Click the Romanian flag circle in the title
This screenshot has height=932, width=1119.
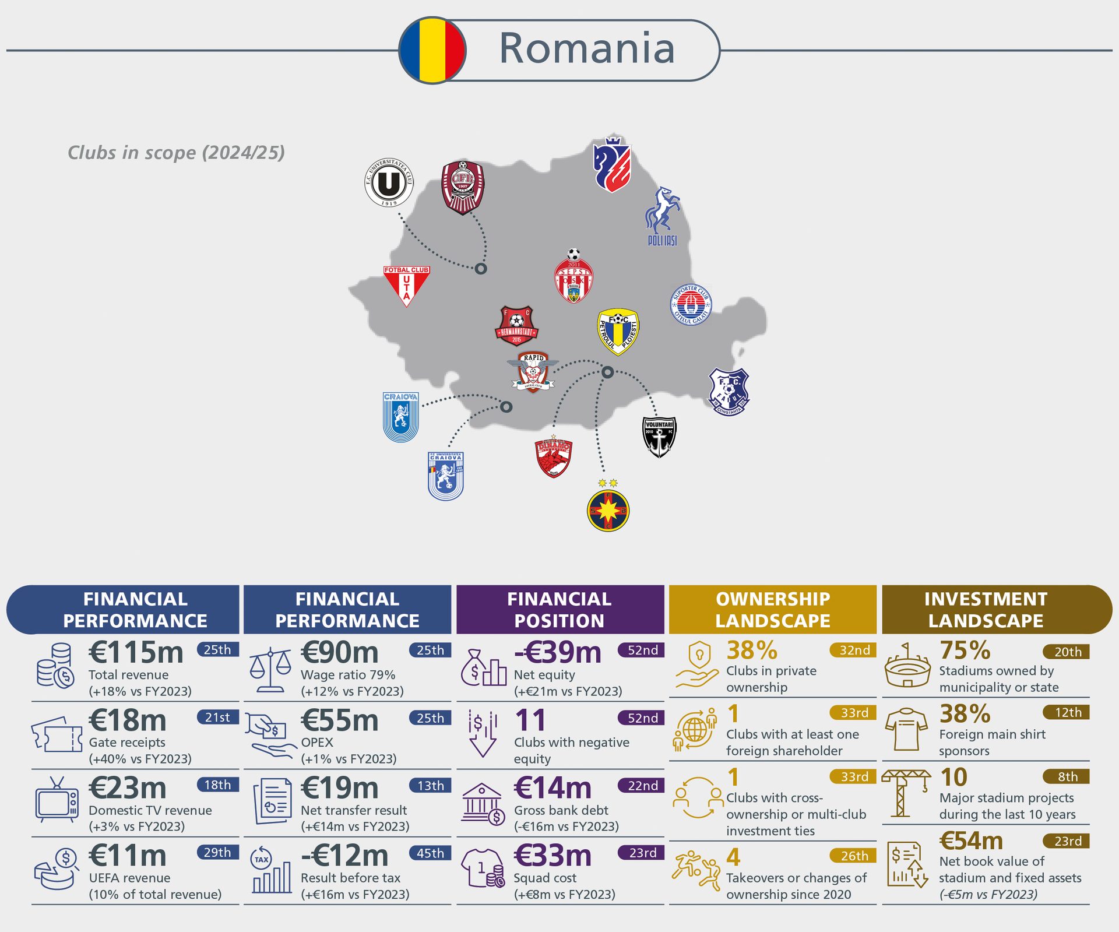(x=432, y=50)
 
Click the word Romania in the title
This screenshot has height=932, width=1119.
(x=586, y=48)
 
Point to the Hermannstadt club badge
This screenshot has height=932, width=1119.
(x=516, y=326)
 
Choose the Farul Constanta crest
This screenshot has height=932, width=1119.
(x=729, y=392)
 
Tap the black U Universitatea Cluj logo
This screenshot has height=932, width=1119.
(x=389, y=182)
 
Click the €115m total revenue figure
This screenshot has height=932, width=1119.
(x=136, y=652)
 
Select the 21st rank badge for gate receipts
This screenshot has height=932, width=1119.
(x=217, y=718)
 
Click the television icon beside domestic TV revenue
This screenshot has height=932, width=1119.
(x=57, y=800)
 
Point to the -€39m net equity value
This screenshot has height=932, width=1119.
(x=558, y=652)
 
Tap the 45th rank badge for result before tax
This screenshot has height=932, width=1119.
(x=430, y=853)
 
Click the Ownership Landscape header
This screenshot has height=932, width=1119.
(x=772, y=610)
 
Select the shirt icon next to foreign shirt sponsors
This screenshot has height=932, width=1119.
(x=906, y=730)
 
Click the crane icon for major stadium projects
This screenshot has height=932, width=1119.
(x=906, y=793)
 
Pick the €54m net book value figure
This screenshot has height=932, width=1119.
(x=972, y=840)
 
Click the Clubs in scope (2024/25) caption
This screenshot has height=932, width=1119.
(x=176, y=153)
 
